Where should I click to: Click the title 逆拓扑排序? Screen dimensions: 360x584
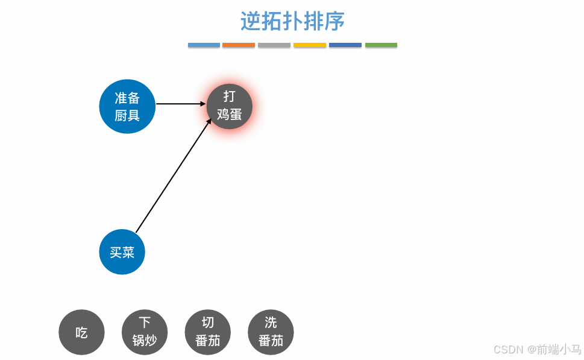pyautogui.click(x=292, y=21)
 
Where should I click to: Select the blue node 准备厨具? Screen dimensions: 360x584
pyautogui.click(x=127, y=106)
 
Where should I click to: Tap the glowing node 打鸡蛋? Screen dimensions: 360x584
pyautogui.click(x=229, y=106)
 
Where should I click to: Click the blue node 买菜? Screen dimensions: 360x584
pyautogui.click(x=122, y=252)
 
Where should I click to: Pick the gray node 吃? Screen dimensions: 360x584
pyautogui.click(x=81, y=332)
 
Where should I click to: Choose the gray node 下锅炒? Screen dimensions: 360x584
pyautogui.click(x=145, y=332)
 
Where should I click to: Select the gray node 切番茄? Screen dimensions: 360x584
pyautogui.click(x=208, y=332)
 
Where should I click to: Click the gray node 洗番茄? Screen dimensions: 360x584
pyautogui.click(x=271, y=332)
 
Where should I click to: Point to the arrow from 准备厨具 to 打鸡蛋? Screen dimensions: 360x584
pyautogui.click(x=180, y=104)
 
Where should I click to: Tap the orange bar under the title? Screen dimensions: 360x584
pyautogui.click(x=239, y=45)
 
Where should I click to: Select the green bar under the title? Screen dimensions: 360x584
pyautogui.click(x=381, y=45)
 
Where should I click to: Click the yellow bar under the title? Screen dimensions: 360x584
pyautogui.click(x=310, y=45)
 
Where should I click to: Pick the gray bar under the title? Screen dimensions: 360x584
pyautogui.click(x=274, y=45)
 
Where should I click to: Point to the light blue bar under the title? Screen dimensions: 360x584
pyautogui.click(x=204, y=45)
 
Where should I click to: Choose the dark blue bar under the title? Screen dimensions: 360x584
pyautogui.click(x=345, y=45)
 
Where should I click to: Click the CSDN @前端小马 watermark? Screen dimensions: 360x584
pyautogui.click(x=537, y=349)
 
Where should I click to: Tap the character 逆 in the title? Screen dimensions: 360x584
pyautogui.click(x=250, y=21)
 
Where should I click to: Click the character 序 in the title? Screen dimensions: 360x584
pyautogui.click(x=335, y=21)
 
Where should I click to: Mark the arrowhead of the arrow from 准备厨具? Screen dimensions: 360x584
pyautogui.click(x=203, y=104)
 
